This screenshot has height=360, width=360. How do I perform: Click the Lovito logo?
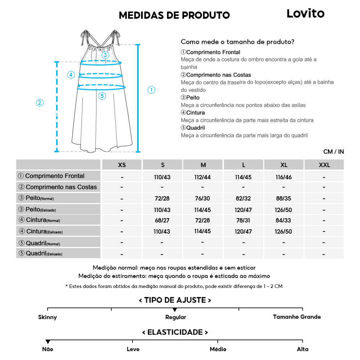click(x=305, y=14)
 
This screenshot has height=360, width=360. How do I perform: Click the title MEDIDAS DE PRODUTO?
click(x=174, y=15)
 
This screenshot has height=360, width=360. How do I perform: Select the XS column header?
click(x=122, y=165)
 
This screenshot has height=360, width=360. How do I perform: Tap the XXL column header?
click(x=324, y=165)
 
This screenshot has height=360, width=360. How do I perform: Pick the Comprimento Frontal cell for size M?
click(x=203, y=177)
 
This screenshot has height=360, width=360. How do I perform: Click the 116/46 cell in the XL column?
click(x=284, y=177)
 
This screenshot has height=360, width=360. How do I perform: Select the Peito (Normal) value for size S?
click(x=162, y=199)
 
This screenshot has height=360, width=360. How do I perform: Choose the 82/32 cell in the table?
click(x=243, y=199)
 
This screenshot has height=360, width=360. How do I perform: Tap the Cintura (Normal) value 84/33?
click(x=284, y=220)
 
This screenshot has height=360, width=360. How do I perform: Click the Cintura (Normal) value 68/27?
click(x=162, y=220)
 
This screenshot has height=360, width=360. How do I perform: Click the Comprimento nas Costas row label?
click(x=58, y=187)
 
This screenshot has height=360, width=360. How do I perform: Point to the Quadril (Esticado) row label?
click(x=40, y=253)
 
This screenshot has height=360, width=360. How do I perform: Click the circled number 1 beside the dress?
click(x=152, y=90)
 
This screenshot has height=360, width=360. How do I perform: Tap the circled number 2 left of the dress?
click(x=40, y=103)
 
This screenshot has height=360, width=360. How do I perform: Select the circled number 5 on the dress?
click(x=102, y=96)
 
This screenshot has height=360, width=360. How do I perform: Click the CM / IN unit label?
click(x=333, y=152)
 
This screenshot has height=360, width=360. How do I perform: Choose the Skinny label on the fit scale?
click(x=48, y=317)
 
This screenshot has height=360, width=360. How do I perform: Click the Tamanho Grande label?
click(x=297, y=317)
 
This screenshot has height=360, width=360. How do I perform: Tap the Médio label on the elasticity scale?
click(x=218, y=349)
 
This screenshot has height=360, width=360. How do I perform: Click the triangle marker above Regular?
click(x=175, y=310)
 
